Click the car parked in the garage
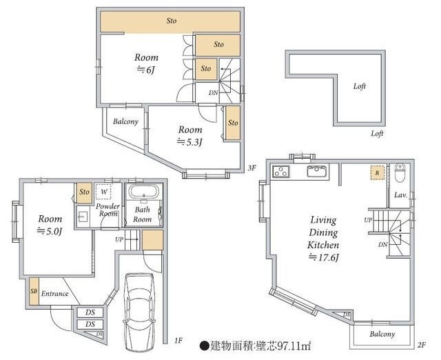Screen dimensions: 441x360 point(140,312)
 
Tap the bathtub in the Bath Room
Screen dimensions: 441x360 point(143,192)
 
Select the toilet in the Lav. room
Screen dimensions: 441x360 point(400,173)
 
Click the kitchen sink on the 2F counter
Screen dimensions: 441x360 point(317,171)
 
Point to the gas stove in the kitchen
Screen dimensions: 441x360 point(281,172)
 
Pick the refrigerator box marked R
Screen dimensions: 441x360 point(377,173)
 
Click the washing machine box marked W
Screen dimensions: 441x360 point(103,192)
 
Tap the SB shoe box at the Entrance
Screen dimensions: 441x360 point(34,291)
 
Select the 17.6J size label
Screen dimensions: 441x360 point(323,257)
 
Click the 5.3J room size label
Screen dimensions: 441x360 point(189,142)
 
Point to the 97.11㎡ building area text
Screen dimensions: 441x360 point(294,346)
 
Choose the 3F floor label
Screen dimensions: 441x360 point(252,168)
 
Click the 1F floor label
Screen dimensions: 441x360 point(178,341)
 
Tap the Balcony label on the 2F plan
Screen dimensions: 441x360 point(382,334)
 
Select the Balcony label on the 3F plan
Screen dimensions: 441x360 point(125,121)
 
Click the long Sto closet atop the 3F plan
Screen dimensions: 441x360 point(170,21)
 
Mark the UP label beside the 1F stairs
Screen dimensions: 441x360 point(119,239)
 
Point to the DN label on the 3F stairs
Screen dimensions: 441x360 point(213,92)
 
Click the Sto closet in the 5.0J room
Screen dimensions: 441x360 point(84,193)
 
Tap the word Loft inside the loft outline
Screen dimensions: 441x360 point(360,86)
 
